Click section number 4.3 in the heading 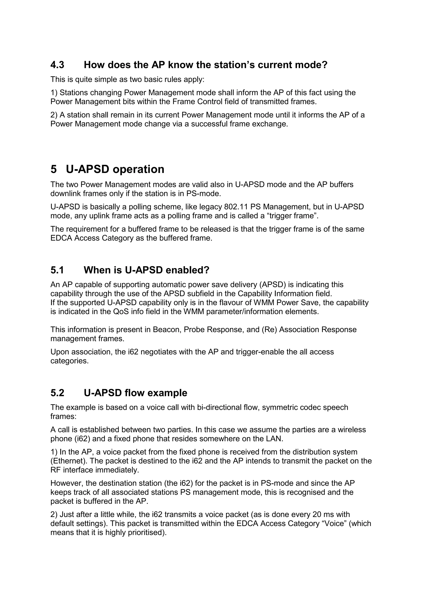click(57, 65)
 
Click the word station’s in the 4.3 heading click(231, 65)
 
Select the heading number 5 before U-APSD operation click(54, 169)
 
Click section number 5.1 click(57, 270)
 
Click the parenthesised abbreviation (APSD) click(274, 284)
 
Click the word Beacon click(167, 329)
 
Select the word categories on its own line click(69, 361)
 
